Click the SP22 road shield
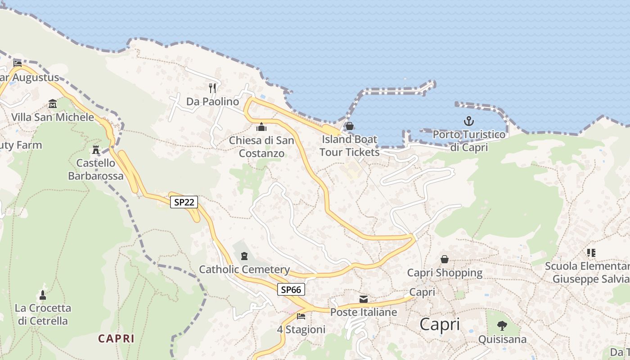(x=184, y=202)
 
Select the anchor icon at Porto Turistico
(x=469, y=121)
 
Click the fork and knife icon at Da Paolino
(x=212, y=88)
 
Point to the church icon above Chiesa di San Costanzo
(x=261, y=127)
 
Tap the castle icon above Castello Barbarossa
(x=95, y=149)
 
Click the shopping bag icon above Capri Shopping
(x=445, y=259)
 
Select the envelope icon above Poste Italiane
(x=364, y=299)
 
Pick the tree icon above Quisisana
(x=502, y=325)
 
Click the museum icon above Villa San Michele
(x=53, y=104)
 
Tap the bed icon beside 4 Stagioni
(x=301, y=316)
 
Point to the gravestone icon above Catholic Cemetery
(x=244, y=256)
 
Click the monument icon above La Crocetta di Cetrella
(x=43, y=295)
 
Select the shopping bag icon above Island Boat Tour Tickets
(x=350, y=126)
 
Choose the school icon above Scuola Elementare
(x=591, y=252)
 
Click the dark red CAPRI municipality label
(x=116, y=338)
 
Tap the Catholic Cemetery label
(x=244, y=270)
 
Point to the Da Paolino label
(x=212, y=102)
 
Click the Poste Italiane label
(x=364, y=312)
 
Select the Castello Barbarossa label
(x=95, y=169)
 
